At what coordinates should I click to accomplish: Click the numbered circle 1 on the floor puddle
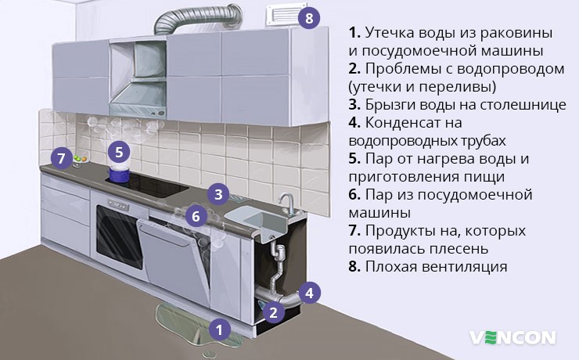point(220,329)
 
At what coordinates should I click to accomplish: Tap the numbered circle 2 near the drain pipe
point(272,313)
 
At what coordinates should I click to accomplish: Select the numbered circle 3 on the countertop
point(219,193)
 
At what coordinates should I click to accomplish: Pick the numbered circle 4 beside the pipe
point(309,293)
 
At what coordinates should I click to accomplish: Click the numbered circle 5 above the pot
point(117,152)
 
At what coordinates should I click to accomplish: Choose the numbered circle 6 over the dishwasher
point(196,214)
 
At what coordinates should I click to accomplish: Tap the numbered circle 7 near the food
point(62,159)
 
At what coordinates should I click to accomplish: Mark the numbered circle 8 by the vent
point(309,18)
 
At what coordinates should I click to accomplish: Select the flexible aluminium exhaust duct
point(196,20)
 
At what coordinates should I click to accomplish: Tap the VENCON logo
point(512,337)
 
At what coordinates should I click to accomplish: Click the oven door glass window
point(118,231)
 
